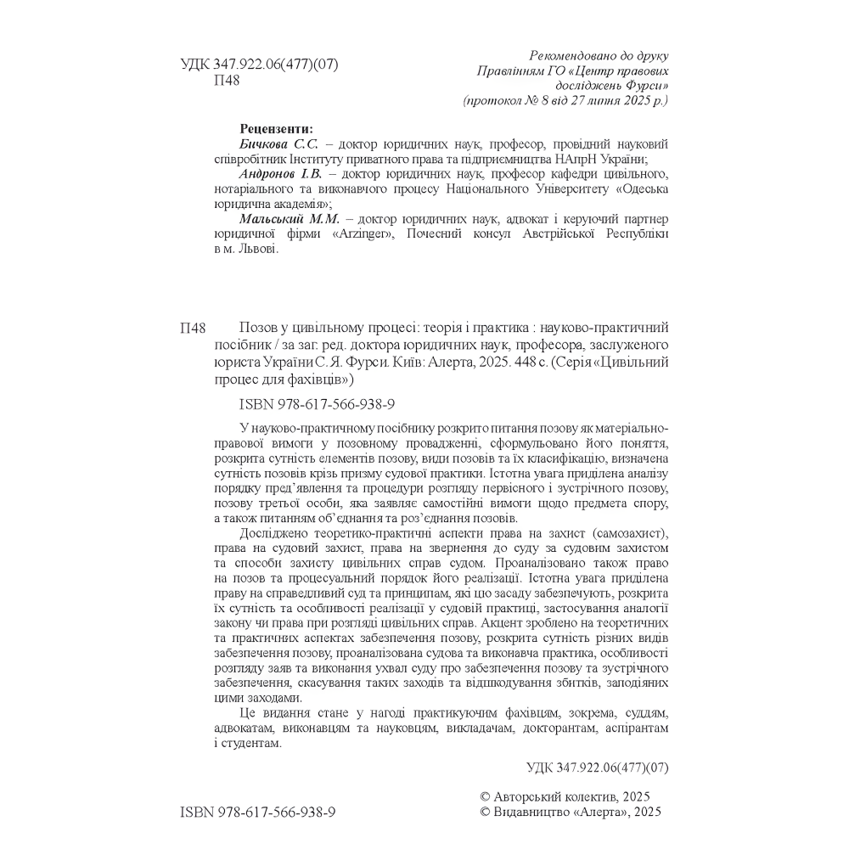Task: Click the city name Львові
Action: [256, 250]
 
